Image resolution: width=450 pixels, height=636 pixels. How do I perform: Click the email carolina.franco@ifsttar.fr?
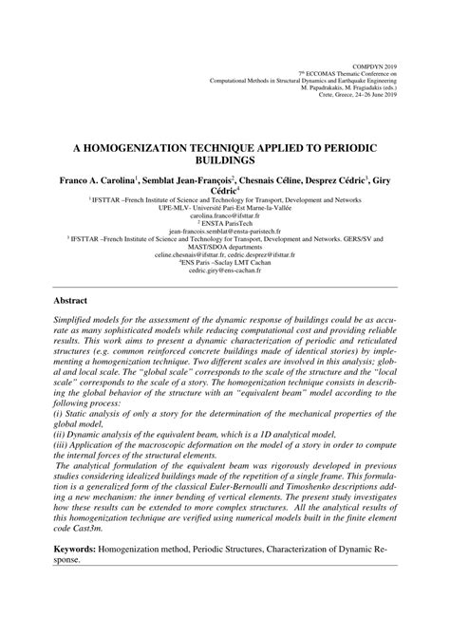click(x=225, y=215)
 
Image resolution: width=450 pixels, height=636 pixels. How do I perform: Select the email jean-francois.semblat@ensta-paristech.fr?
click(x=225, y=231)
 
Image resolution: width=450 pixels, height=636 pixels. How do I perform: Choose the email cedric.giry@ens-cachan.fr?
click(x=225, y=270)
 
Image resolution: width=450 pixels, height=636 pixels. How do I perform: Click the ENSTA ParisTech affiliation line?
click(x=225, y=223)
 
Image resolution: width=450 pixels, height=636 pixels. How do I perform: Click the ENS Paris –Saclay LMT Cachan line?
click(x=225, y=262)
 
